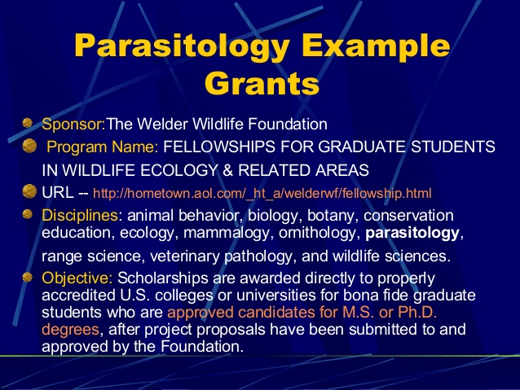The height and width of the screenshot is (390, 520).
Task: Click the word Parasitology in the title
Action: click(x=182, y=46)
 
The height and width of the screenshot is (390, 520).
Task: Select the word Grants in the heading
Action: click(x=262, y=83)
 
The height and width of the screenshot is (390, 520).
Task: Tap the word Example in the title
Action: click(x=376, y=46)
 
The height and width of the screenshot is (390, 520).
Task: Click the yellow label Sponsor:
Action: click(x=73, y=125)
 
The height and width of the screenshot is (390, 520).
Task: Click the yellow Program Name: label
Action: click(x=103, y=147)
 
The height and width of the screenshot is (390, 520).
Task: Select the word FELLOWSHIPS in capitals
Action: click(x=219, y=147)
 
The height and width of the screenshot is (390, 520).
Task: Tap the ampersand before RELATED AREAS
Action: click(x=228, y=170)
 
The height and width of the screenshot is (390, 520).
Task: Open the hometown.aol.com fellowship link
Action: click(x=262, y=193)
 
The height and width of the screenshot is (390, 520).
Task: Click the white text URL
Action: click(x=58, y=192)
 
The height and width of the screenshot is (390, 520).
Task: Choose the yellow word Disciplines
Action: click(x=80, y=216)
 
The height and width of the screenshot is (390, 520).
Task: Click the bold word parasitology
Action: click(x=412, y=234)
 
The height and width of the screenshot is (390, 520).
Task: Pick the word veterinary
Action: click(x=185, y=256)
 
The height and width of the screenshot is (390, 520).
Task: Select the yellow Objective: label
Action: click(x=77, y=278)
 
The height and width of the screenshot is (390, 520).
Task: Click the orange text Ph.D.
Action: click(x=417, y=313)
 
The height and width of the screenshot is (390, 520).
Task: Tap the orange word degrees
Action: click(x=70, y=330)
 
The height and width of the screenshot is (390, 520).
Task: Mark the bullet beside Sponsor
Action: click(x=28, y=123)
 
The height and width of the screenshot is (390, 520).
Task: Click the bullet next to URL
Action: click(x=29, y=191)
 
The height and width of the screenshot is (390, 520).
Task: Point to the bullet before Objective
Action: click(x=27, y=277)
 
